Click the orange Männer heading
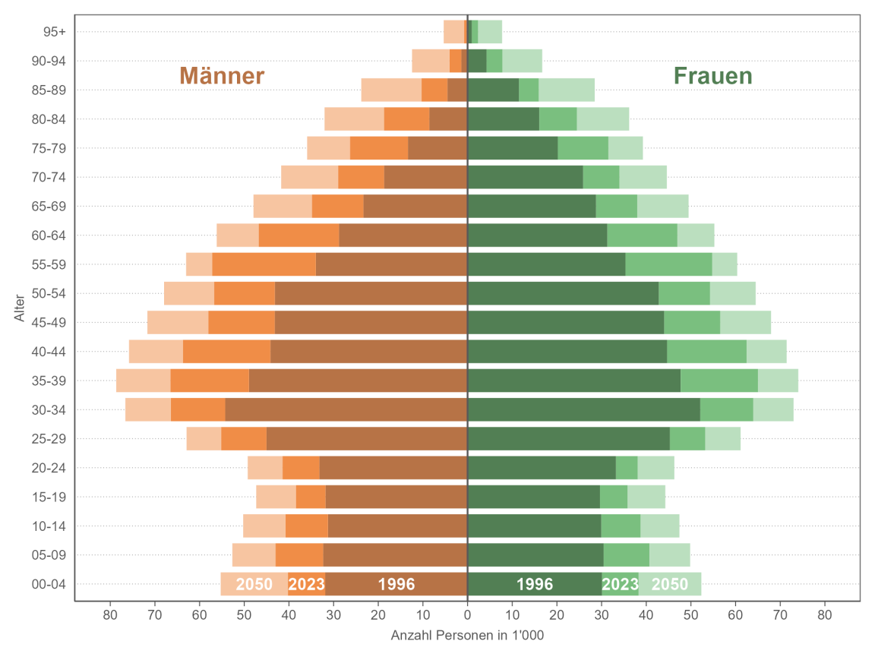click(222, 76)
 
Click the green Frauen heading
click(712, 76)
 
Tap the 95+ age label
click(55, 32)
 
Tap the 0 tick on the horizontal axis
click(467, 614)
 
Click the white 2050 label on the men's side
click(254, 584)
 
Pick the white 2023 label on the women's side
click(620, 584)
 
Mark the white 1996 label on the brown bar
click(396, 584)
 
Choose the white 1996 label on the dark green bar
click(535, 584)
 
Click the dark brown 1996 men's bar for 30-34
click(346, 409)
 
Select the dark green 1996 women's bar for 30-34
click(583, 409)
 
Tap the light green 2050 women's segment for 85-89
click(567, 90)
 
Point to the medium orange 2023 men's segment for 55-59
click(264, 264)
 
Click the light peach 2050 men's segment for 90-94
click(430, 61)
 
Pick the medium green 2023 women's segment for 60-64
click(642, 235)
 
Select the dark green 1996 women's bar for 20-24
click(541, 468)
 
